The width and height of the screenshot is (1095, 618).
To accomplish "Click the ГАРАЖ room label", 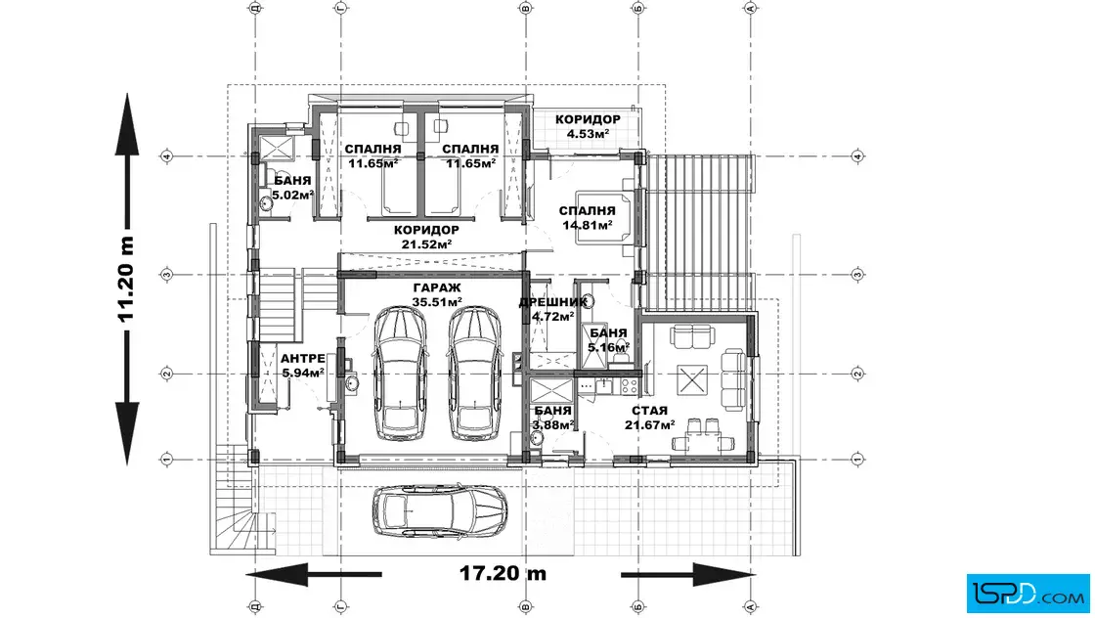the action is [x=437, y=287].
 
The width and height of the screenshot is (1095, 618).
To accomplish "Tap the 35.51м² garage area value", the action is [x=437, y=302].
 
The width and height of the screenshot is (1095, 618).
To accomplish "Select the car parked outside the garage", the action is [x=439, y=510].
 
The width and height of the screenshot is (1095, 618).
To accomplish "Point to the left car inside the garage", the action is [x=400, y=374].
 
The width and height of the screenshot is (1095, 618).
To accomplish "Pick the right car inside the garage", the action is [x=475, y=374].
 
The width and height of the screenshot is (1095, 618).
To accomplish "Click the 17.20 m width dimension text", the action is [x=503, y=573].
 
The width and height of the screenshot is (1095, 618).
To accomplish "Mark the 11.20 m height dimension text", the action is [x=126, y=280].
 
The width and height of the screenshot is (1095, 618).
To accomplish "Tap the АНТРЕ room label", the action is [x=302, y=358].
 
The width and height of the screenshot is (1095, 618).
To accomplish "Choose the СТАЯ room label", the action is [x=649, y=411].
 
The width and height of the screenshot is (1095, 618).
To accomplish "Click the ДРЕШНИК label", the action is [x=553, y=302].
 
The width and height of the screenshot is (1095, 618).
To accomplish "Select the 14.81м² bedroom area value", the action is [x=588, y=225].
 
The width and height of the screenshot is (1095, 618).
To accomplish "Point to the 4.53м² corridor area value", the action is [x=588, y=133].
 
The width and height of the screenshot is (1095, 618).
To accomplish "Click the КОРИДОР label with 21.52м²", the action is [x=426, y=230].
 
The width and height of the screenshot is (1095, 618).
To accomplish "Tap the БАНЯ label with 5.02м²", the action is [x=292, y=181].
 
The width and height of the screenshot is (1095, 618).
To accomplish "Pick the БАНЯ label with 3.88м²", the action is [x=552, y=411].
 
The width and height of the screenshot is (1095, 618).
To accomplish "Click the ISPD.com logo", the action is [x=1028, y=593].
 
